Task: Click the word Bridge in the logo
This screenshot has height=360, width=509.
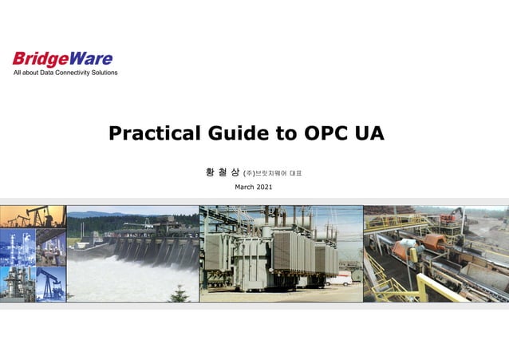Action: tap(41, 59)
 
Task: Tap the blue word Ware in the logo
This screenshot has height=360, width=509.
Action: tap(91, 58)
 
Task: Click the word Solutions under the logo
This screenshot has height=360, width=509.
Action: tap(105, 73)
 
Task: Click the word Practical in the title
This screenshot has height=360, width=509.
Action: tap(155, 133)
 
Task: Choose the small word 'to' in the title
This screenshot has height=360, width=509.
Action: tap(286, 133)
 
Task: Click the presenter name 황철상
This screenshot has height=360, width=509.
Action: tap(223, 172)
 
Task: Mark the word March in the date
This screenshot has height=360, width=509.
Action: tap(244, 187)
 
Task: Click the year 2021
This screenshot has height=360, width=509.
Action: tap(264, 187)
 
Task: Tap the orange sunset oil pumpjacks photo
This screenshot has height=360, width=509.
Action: tap(33, 216)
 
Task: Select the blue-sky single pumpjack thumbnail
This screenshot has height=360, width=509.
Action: tap(51, 284)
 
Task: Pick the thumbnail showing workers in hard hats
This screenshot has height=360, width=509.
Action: tap(51, 247)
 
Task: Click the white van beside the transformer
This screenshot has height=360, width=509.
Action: tap(339, 280)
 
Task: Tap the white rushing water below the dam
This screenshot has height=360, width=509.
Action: tap(130, 279)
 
